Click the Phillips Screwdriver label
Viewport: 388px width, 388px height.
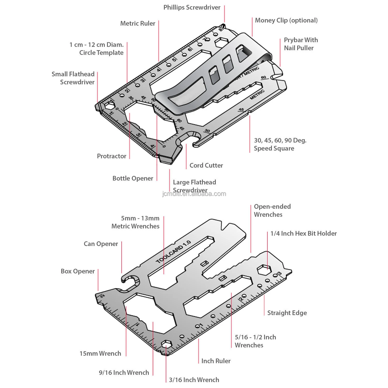(192, 8)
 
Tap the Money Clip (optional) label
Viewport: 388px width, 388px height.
(286, 20)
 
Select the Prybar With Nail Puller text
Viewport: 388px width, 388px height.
(301, 44)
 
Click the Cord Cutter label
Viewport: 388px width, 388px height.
(206, 166)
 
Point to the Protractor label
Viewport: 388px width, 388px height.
(111, 156)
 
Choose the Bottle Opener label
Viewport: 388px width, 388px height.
(133, 178)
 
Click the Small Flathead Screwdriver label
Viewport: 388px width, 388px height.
(73, 78)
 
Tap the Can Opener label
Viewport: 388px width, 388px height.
(101, 244)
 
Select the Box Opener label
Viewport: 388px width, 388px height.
(78, 271)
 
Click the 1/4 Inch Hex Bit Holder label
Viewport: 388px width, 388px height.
(303, 234)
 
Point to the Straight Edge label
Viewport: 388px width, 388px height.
(287, 313)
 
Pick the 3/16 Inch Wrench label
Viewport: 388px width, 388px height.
(194, 380)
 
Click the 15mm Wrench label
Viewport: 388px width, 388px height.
(100, 354)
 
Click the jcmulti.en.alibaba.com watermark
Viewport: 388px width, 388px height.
(194, 194)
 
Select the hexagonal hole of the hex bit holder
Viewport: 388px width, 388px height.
(264, 270)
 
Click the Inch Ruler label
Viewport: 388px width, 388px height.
(216, 361)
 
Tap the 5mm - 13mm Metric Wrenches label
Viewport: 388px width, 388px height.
(136, 222)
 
